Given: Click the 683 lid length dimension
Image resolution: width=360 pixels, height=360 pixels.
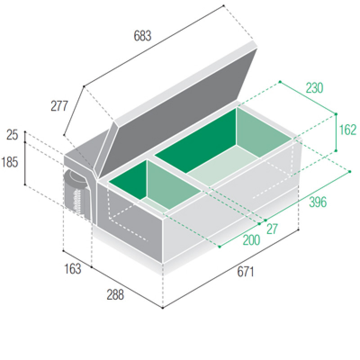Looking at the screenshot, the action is tap(142, 36).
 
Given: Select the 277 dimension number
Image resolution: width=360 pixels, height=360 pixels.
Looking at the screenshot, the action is tap(59, 106).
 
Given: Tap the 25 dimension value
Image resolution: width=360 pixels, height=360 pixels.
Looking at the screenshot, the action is tap(12, 135).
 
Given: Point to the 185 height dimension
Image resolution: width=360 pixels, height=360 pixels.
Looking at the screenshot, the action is tap(9, 162).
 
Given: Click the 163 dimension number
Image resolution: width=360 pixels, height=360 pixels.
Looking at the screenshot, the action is tap(72, 269).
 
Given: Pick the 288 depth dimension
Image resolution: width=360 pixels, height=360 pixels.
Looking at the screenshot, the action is tap(115, 295).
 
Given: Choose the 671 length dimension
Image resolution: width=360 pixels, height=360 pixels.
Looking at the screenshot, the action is tap(245, 272).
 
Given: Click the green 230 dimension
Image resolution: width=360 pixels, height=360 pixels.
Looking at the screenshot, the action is tap(314, 88).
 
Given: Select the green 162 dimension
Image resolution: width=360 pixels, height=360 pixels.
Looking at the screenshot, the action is tap(347, 130).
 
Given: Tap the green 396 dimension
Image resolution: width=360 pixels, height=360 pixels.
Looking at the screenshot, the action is tap(318, 202).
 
